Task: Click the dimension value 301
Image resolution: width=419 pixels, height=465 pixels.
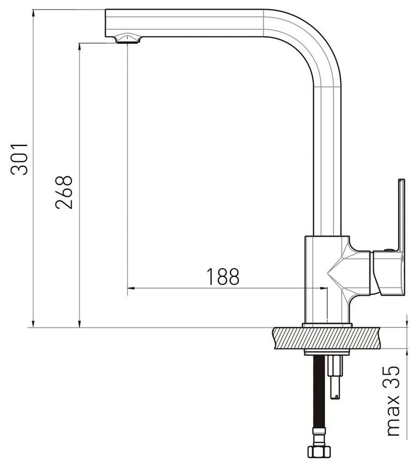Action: (20, 159)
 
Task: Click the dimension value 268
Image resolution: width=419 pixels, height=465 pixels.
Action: (64, 192)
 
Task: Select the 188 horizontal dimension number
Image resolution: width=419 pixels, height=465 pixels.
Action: (223, 277)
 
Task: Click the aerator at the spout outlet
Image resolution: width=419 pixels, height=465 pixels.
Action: (128, 38)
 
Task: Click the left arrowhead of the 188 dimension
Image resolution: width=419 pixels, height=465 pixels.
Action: (131, 288)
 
